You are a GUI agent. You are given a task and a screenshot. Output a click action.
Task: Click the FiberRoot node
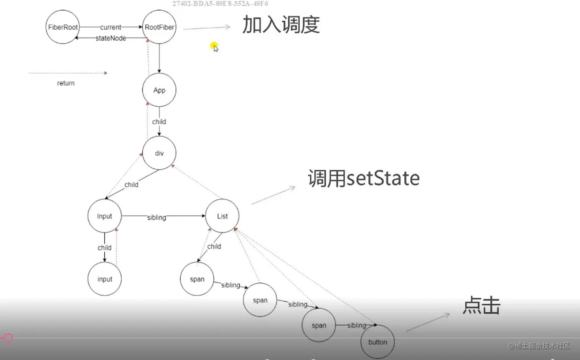(x=63, y=27)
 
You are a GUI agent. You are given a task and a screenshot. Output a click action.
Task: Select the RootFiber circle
(x=159, y=27)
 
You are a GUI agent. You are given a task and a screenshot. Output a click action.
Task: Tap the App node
(x=159, y=90)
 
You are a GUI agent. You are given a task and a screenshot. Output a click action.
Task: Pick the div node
(x=159, y=153)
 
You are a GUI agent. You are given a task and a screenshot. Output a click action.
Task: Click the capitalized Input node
(x=104, y=216)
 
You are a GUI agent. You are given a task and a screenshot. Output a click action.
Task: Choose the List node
(x=222, y=216)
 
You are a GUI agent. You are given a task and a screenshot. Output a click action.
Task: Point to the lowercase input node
(x=104, y=279)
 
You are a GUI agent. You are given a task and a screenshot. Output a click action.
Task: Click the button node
(x=377, y=342)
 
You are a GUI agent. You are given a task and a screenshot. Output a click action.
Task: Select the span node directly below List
(x=197, y=279)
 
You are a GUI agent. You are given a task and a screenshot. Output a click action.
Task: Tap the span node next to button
(x=319, y=325)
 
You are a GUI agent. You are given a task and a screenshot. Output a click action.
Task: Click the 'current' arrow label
(x=110, y=27)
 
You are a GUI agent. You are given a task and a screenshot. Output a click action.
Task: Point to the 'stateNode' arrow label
(x=110, y=38)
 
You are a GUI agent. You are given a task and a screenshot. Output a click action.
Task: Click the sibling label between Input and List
(x=157, y=217)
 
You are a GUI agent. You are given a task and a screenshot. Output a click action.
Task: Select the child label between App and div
(x=159, y=122)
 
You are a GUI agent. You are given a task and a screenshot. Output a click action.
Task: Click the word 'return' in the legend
(x=66, y=83)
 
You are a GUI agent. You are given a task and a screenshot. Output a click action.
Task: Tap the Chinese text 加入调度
(x=281, y=25)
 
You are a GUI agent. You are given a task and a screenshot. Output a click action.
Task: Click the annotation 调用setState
(x=364, y=178)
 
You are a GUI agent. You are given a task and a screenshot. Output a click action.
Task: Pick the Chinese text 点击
(x=481, y=306)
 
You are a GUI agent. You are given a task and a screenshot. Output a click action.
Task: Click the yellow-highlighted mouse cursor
(x=214, y=47)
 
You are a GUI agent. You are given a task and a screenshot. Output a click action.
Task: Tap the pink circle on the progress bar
(x=8, y=338)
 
